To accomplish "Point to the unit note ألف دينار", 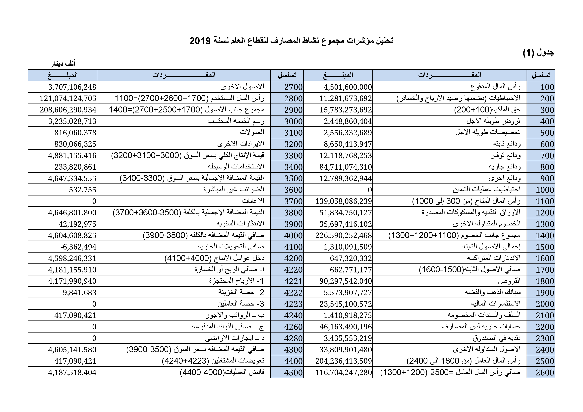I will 63,64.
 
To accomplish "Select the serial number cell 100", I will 547,87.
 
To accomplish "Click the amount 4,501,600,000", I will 348,87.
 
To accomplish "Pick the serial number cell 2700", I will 293,87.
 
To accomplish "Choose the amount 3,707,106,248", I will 72,87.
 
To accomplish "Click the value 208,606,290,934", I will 68,110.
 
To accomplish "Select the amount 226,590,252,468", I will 344,236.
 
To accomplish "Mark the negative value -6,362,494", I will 78,247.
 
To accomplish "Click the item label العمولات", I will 252,132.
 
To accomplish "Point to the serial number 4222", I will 293,293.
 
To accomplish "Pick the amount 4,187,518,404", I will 72,373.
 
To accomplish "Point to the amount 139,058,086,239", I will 344,201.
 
